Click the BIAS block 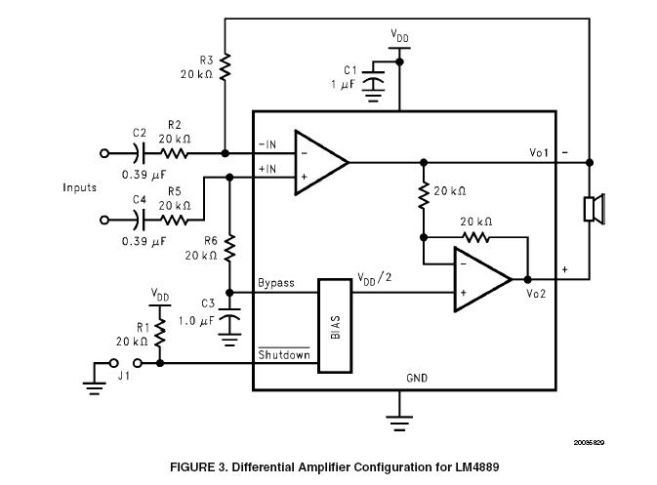tap(335, 325)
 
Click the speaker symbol tap(595, 209)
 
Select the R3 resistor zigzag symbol tap(225, 66)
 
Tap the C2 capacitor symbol tap(140, 153)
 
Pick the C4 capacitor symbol tap(140, 220)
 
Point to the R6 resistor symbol tap(229, 249)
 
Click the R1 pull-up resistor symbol tap(160, 333)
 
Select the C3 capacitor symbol tap(229, 314)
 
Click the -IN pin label tap(267, 144)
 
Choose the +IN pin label tap(267, 169)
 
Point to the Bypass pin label tap(276, 283)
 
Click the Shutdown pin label tap(284, 355)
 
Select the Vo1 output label tap(539, 153)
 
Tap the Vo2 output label tap(536, 294)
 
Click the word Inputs tap(80, 187)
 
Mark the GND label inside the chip tap(417, 379)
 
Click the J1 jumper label tap(124, 376)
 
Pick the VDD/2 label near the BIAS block tap(375, 278)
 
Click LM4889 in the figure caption tap(476, 467)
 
